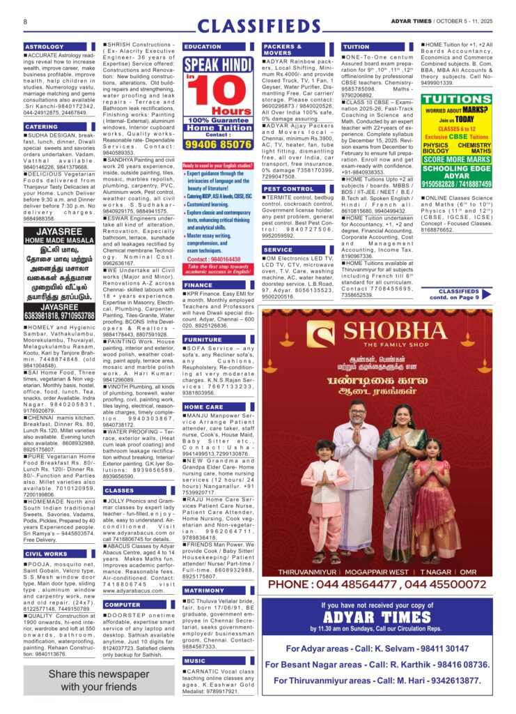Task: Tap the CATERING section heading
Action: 41,127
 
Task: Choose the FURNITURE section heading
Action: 203,340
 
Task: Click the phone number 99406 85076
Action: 218,144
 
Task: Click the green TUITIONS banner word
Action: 457,100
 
